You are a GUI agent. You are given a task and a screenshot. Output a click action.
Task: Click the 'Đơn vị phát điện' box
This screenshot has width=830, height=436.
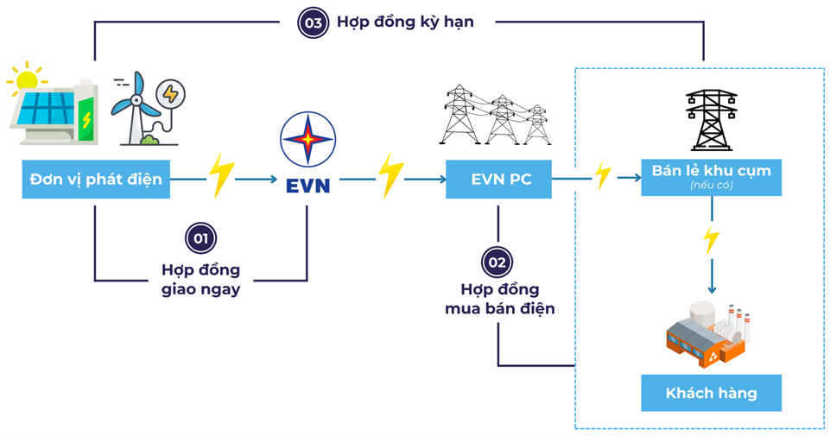pyautogui.click(x=94, y=180)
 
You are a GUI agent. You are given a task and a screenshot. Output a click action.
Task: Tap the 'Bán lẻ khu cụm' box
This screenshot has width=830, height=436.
pyautogui.click(x=711, y=176)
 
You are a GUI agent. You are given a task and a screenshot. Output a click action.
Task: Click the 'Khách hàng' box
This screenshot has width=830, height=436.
pyautogui.click(x=711, y=393)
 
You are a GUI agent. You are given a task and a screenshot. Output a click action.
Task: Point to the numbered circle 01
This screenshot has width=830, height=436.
pyautogui.click(x=200, y=238)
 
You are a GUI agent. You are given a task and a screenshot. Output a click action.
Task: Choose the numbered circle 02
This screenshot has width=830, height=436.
pyautogui.click(x=499, y=261)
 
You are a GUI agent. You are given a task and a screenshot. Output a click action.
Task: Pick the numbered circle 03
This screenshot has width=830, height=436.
pyautogui.click(x=312, y=22)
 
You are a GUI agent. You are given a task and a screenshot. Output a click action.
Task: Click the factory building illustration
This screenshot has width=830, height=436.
pyautogui.click(x=704, y=332)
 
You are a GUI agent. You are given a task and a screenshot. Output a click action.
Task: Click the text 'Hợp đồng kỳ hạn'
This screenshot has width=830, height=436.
pyautogui.click(x=404, y=22)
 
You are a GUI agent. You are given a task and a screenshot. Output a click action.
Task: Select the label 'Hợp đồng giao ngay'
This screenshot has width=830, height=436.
pyautogui.click(x=200, y=280)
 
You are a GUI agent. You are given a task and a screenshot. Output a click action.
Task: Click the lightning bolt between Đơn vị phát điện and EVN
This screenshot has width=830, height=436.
pyautogui.click(x=222, y=176)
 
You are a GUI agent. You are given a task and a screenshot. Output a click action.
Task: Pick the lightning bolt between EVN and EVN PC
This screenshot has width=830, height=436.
pyautogui.click(x=391, y=176)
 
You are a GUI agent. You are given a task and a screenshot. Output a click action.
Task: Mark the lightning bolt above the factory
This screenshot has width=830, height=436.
pyautogui.click(x=711, y=239)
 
